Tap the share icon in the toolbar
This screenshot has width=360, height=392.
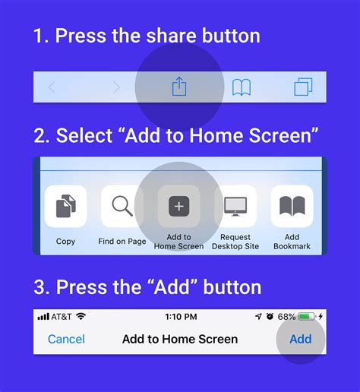179,87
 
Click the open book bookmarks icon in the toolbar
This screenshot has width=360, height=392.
242,87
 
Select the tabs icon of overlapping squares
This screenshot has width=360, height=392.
303,87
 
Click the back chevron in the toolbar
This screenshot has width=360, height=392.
52,87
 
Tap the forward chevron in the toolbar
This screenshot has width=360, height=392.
116,87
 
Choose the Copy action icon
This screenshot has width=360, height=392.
65,207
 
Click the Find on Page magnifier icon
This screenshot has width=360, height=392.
122,207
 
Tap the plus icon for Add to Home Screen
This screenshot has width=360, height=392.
178,207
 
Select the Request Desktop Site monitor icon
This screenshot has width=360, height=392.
235,207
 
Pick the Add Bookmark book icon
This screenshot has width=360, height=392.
292,207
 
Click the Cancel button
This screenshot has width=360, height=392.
66,339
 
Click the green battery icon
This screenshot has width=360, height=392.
306,316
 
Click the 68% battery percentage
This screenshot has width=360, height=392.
286,316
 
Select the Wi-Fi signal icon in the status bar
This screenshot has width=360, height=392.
81,316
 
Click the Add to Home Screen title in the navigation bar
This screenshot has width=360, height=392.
180,339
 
